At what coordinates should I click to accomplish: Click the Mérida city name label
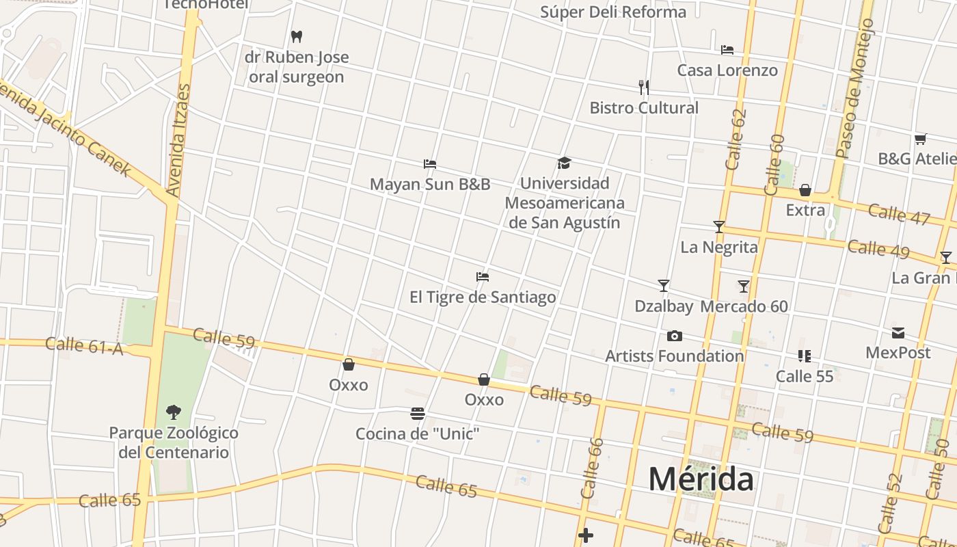click(x=701, y=479)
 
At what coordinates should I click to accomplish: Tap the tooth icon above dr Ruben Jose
click(x=297, y=36)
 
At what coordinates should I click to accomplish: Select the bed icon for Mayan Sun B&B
click(x=430, y=164)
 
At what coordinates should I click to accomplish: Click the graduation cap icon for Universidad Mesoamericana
click(x=564, y=163)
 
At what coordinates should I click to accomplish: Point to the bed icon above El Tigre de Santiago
click(x=483, y=277)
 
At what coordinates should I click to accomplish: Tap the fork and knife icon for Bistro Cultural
click(x=643, y=87)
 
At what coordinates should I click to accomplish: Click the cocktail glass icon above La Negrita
click(x=718, y=226)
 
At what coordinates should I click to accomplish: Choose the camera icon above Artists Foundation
click(x=674, y=336)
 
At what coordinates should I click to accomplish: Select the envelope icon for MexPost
click(x=898, y=333)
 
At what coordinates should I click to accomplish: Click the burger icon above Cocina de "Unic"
click(x=418, y=413)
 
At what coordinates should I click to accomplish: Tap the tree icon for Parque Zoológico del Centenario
click(x=174, y=412)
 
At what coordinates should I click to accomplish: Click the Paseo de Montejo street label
click(x=854, y=89)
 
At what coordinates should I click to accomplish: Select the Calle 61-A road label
click(x=83, y=347)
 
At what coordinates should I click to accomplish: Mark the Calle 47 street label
click(x=899, y=213)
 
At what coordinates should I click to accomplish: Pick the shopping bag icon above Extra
click(x=805, y=190)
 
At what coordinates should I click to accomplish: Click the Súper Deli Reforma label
click(x=613, y=12)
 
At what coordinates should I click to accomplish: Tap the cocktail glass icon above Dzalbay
click(x=663, y=286)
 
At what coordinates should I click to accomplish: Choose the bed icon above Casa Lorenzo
click(x=727, y=50)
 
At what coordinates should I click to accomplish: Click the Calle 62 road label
click(x=736, y=139)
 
